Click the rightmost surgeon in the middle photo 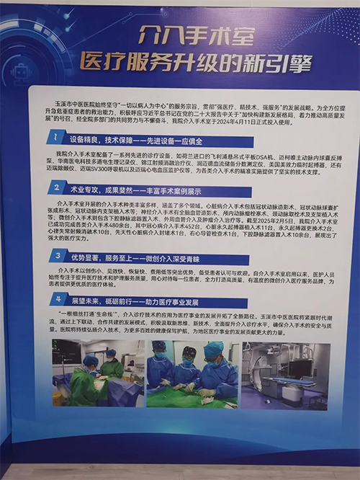pyautogui.click(x=217, y=371)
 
